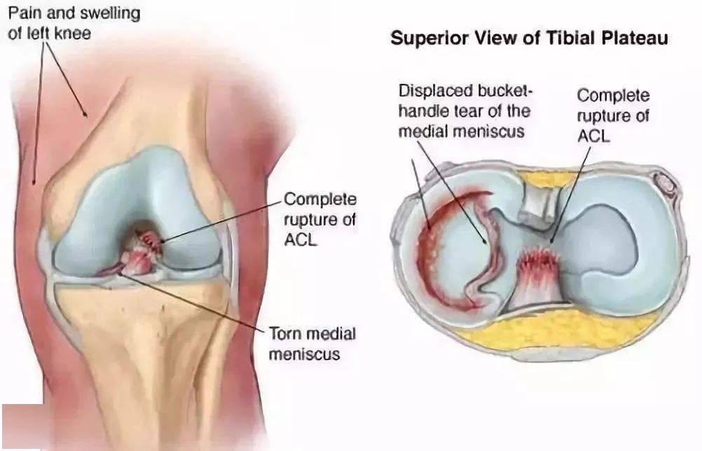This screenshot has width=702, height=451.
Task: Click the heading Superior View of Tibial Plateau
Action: click(529, 38)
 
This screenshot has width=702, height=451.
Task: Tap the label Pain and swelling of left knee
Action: click(74, 23)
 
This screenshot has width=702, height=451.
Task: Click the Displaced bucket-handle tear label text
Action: click(464, 111)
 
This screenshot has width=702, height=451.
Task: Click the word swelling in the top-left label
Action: click(106, 13)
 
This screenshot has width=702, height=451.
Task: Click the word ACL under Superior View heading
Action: click(593, 136)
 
